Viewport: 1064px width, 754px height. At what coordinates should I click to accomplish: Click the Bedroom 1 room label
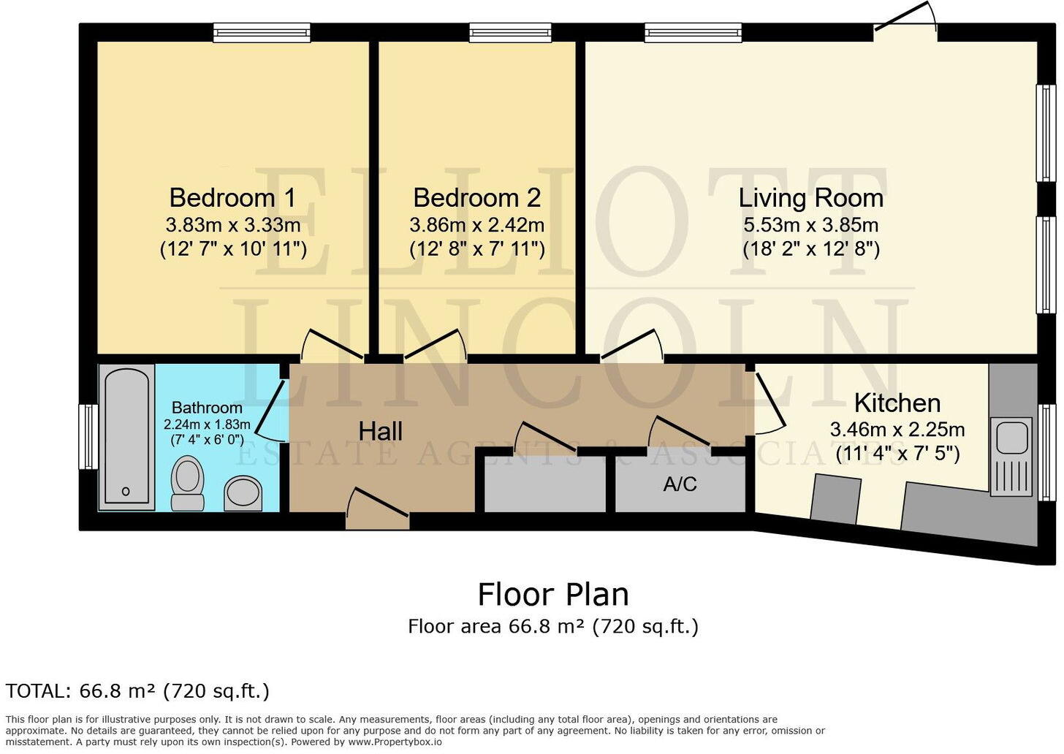232,198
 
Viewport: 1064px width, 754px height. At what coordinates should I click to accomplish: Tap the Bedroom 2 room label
476,198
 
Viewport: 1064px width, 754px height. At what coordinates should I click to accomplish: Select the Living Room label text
810,198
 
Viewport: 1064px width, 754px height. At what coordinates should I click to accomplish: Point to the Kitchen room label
897,403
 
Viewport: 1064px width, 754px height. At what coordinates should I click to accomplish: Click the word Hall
380,431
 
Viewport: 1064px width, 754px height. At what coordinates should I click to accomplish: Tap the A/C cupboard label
680,484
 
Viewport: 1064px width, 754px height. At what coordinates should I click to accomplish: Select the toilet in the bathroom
188,482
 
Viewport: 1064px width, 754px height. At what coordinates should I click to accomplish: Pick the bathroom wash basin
243,492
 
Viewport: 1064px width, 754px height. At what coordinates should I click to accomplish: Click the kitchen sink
1012,438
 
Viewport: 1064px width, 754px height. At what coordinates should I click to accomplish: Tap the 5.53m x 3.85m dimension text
810,225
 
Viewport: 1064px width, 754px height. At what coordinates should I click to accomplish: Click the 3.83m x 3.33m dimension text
232,225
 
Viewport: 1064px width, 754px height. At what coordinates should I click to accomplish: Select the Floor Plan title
553,595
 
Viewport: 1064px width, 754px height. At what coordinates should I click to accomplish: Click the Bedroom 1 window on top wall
262,32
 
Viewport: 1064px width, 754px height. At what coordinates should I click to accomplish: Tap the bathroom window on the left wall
88,436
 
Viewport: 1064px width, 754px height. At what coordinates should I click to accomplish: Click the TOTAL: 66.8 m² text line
137,691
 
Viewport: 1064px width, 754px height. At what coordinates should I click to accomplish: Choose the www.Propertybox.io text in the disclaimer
395,742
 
